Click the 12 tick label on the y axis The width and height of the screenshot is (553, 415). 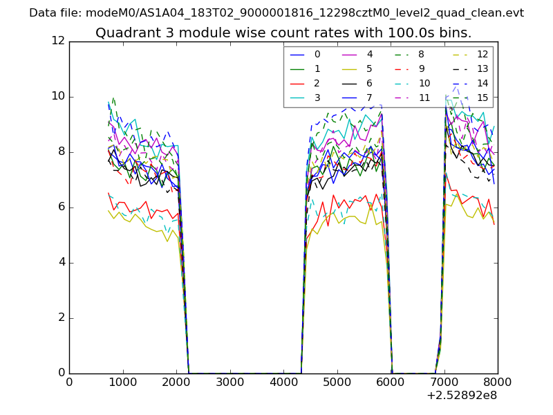tap(58, 41)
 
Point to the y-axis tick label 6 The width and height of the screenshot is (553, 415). tap(61, 207)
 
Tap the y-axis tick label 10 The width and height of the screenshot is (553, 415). tap(58, 96)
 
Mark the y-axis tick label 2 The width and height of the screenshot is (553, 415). tap(61, 318)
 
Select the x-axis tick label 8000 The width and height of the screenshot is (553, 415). tap(498, 382)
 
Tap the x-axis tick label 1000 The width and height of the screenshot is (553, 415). tap(122, 382)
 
